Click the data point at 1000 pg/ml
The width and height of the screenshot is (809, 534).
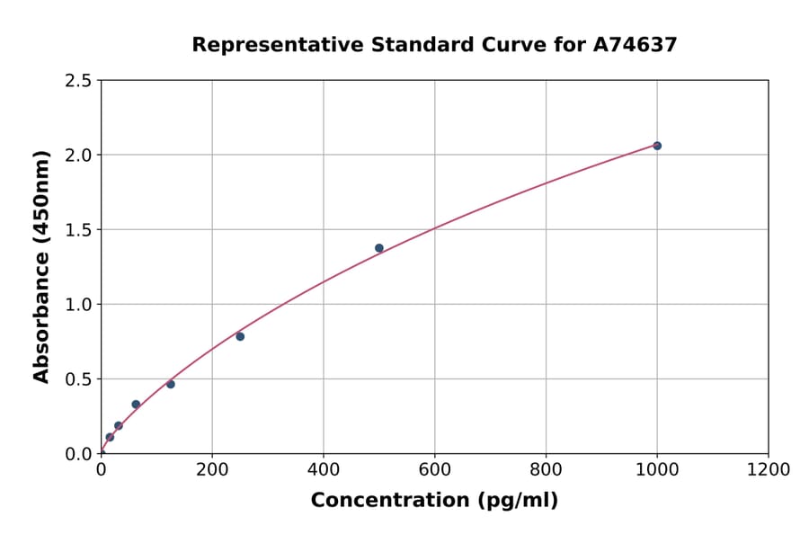[x=657, y=146]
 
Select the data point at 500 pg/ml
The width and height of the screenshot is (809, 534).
[x=379, y=248]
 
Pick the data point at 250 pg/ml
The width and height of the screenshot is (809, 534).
[x=240, y=336]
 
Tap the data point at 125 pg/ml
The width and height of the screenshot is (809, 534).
[x=171, y=384]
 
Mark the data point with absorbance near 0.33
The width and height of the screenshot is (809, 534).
[x=136, y=405]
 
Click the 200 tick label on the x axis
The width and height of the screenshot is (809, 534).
[x=212, y=470]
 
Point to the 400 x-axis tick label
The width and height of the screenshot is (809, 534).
[x=324, y=470]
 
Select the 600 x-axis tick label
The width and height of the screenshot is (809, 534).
[x=435, y=470]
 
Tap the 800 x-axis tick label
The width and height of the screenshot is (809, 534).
[x=546, y=470]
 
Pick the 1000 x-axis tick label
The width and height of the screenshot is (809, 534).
[x=657, y=470]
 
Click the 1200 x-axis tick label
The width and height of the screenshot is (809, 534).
[x=769, y=470]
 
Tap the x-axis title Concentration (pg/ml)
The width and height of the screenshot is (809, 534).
[x=434, y=501]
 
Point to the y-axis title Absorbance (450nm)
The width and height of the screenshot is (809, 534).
[x=41, y=266]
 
